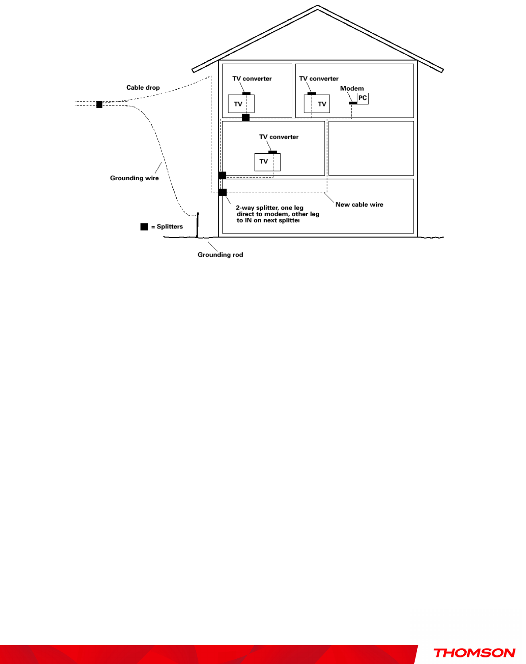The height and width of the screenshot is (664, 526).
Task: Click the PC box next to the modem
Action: [x=362, y=99]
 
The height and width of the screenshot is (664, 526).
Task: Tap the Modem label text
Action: [x=352, y=88]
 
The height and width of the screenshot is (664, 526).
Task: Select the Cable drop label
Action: [x=143, y=87]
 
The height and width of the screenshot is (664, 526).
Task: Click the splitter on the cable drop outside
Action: [x=99, y=104]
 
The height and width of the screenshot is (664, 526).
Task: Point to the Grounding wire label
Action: [x=134, y=178]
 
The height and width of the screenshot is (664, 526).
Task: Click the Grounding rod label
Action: [x=220, y=254]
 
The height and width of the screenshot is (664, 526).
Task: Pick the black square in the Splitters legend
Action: [x=144, y=227]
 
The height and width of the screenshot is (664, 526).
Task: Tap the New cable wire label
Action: [x=359, y=205]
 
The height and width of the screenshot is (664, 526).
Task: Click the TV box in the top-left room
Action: [x=241, y=104]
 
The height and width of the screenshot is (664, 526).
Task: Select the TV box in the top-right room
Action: [x=317, y=104]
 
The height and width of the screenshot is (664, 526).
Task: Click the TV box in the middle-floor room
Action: [x=267, y=162]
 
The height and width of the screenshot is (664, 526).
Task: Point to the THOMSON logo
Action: [x=474, y=653]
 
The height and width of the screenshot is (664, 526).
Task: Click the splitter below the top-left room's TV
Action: [x=246, y=118]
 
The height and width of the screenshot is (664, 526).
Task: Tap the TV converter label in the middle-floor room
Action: [x=278, y=137]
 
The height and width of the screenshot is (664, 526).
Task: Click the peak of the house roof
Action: [x=317, y=7]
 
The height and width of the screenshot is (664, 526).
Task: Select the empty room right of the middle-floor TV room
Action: [x=371, y=148]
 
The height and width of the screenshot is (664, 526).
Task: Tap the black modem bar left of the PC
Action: [x=353, y=103]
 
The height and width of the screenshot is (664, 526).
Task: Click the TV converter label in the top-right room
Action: [x=319, y=79]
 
